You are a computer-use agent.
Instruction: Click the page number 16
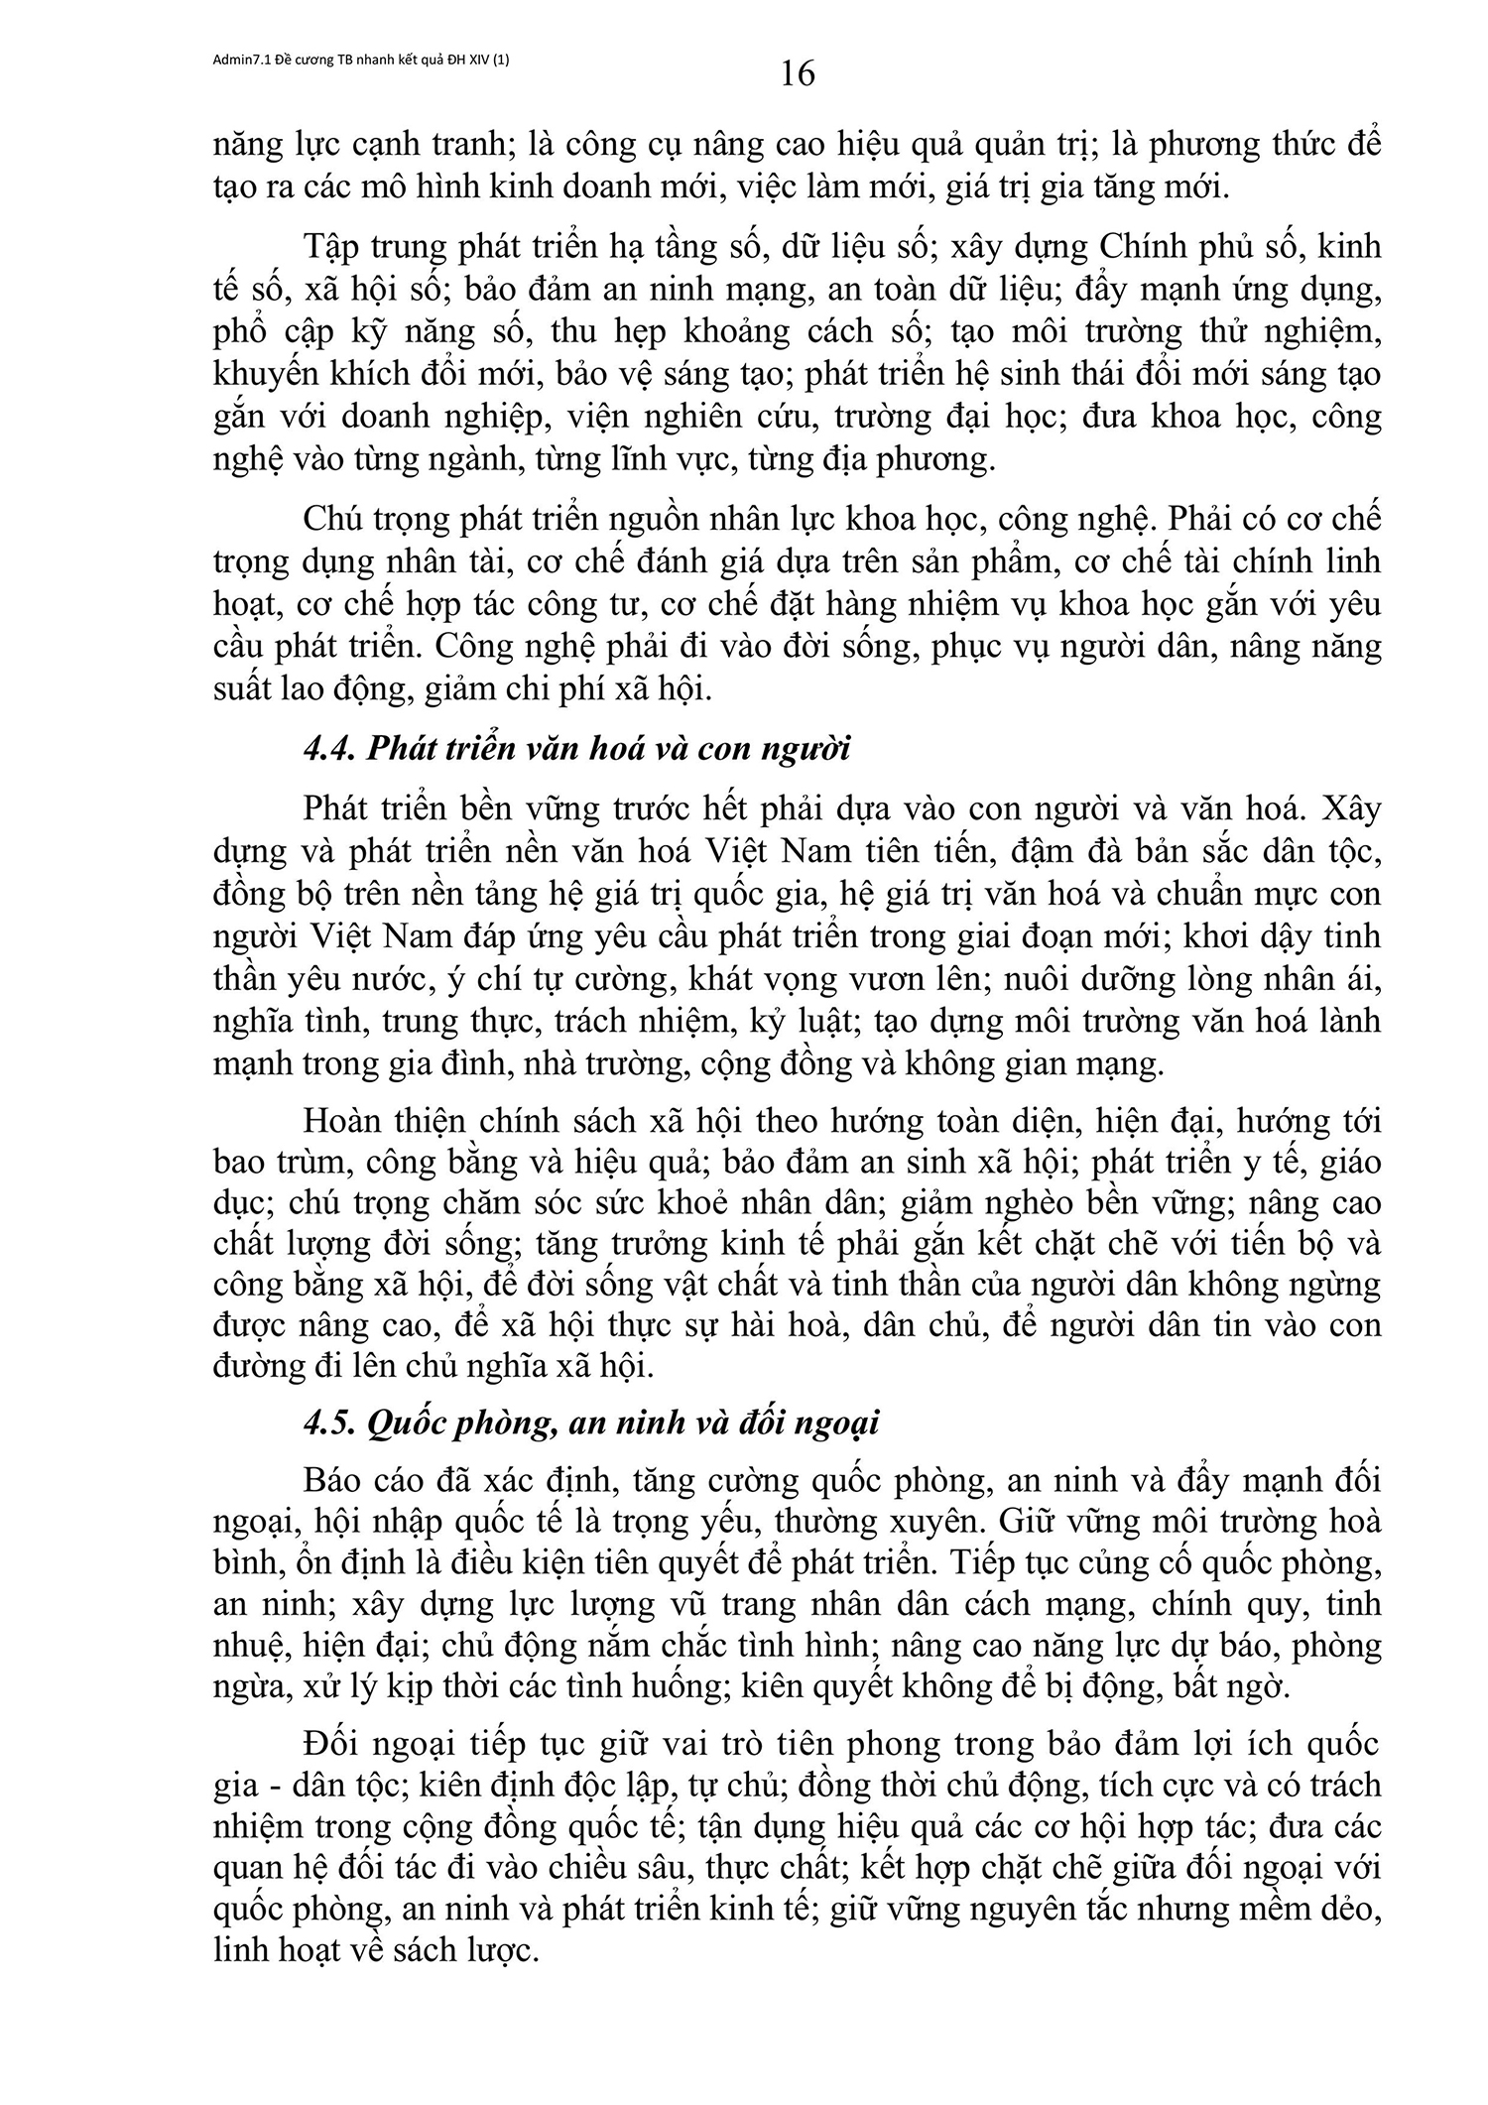[798, 73]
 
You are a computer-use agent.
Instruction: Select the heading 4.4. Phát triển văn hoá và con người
[576, 748]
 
